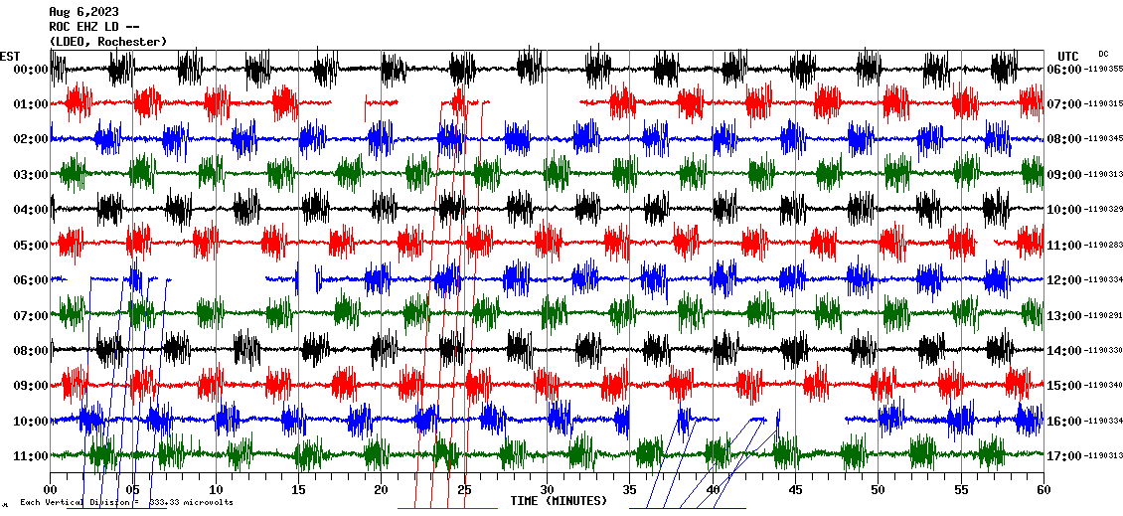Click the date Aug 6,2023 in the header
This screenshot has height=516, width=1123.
[83, 12]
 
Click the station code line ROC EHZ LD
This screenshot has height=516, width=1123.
[93, 27]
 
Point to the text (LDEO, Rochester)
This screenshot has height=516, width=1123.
[107, 41]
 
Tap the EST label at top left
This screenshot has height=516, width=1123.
[10, 56]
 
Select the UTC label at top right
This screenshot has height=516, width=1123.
[1068, 56]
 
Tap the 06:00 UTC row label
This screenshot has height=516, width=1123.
[1063, 70]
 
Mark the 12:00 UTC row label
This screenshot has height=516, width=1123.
[1063, 280]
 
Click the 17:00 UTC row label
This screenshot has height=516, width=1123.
[1063, 456]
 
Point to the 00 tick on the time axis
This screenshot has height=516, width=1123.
[51, 489]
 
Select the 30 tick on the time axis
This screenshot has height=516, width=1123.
[547, 489]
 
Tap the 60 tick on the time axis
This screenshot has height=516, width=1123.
[1043, 489]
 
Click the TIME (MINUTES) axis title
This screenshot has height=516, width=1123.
[559, 501]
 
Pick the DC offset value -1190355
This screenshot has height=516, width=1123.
[1103, 70]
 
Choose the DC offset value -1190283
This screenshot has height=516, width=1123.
[1103, 245]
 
